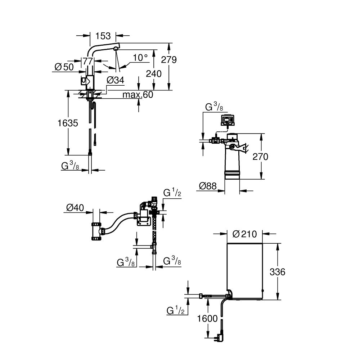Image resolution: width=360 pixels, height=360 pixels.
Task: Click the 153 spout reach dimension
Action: tap(103, 36)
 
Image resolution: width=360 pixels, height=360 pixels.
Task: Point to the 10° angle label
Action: tap(140, 58)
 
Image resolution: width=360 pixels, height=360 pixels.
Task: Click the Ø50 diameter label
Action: tap(64, 67)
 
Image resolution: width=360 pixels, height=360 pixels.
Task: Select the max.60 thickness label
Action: tap(138, 95)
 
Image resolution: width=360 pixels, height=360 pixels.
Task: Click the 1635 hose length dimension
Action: tap(68, 123)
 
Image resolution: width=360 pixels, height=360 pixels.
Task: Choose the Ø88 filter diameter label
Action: tap(208, 186)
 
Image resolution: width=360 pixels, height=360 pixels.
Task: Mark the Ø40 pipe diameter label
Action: tap(75, 208)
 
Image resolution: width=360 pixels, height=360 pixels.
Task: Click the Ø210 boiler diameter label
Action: tap(244, 234)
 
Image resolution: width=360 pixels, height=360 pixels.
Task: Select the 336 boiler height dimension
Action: tap(278, 272)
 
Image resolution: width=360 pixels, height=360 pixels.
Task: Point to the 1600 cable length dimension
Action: tap(207, 319)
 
